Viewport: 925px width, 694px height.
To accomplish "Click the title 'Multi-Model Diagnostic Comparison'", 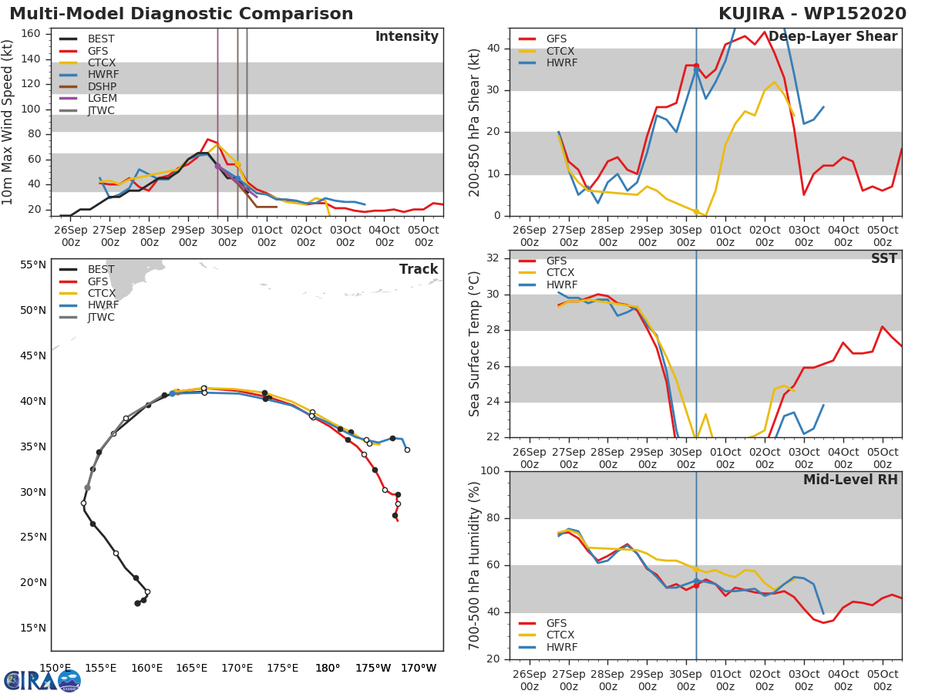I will point(181,14).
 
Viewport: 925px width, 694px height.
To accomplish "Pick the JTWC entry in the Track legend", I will point(101,317).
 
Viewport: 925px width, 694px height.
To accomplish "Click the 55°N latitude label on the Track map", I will point(32,265).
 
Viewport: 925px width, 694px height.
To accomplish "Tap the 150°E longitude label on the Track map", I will point(55,668).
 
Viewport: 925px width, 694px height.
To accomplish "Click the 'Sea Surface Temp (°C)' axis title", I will point(475,344).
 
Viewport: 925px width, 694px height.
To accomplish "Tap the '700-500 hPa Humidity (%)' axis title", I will point(475,565).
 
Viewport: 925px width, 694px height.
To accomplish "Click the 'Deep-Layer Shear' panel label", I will point(832,37).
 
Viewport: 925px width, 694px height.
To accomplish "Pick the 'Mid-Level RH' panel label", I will point(850,480).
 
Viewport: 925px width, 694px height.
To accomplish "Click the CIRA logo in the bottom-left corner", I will point(42,680).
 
